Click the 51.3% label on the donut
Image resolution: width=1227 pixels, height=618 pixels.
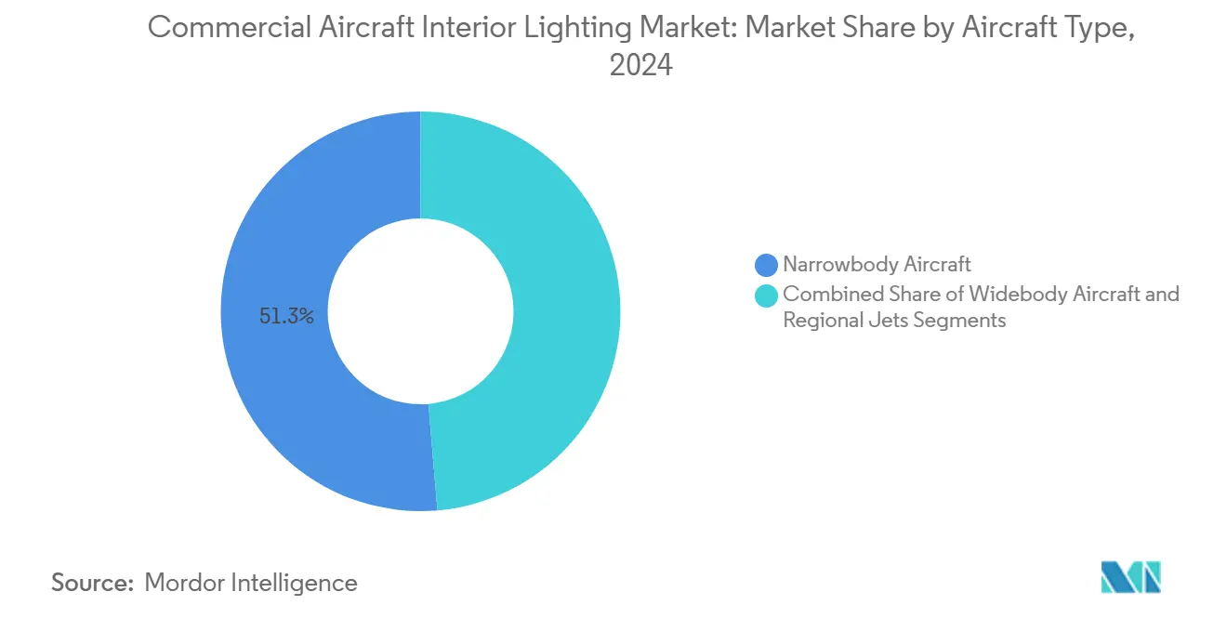click(286, 317)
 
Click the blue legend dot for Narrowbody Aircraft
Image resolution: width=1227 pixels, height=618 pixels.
click(766, 266)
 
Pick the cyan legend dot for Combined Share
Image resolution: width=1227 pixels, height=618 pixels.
click(766, 296)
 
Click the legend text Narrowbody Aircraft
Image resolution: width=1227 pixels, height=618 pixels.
click(877, 265)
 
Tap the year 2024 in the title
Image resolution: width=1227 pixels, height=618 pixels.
click(640, 66)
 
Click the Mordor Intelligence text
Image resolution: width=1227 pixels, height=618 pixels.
click(251, 583)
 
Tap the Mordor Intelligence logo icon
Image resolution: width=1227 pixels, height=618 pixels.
click(1130, 578)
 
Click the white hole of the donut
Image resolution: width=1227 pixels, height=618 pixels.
click(420, 312)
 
